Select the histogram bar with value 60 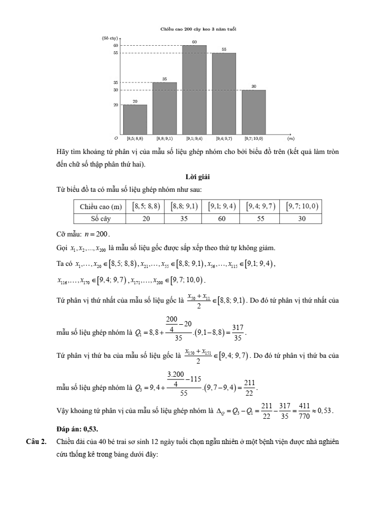tap(194, 89)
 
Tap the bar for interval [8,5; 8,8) tap(135, 119)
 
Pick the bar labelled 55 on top tap(224, 93)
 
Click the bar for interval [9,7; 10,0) tap(254, 112)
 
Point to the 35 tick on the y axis tap(116, 82)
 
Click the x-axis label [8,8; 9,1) tap(165, 139)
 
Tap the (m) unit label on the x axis tap(290, 139)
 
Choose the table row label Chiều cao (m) tap(101, 207)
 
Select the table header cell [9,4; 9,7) tap(261, 207)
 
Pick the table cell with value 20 tap(148, 218)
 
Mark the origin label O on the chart tap(117, 139)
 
